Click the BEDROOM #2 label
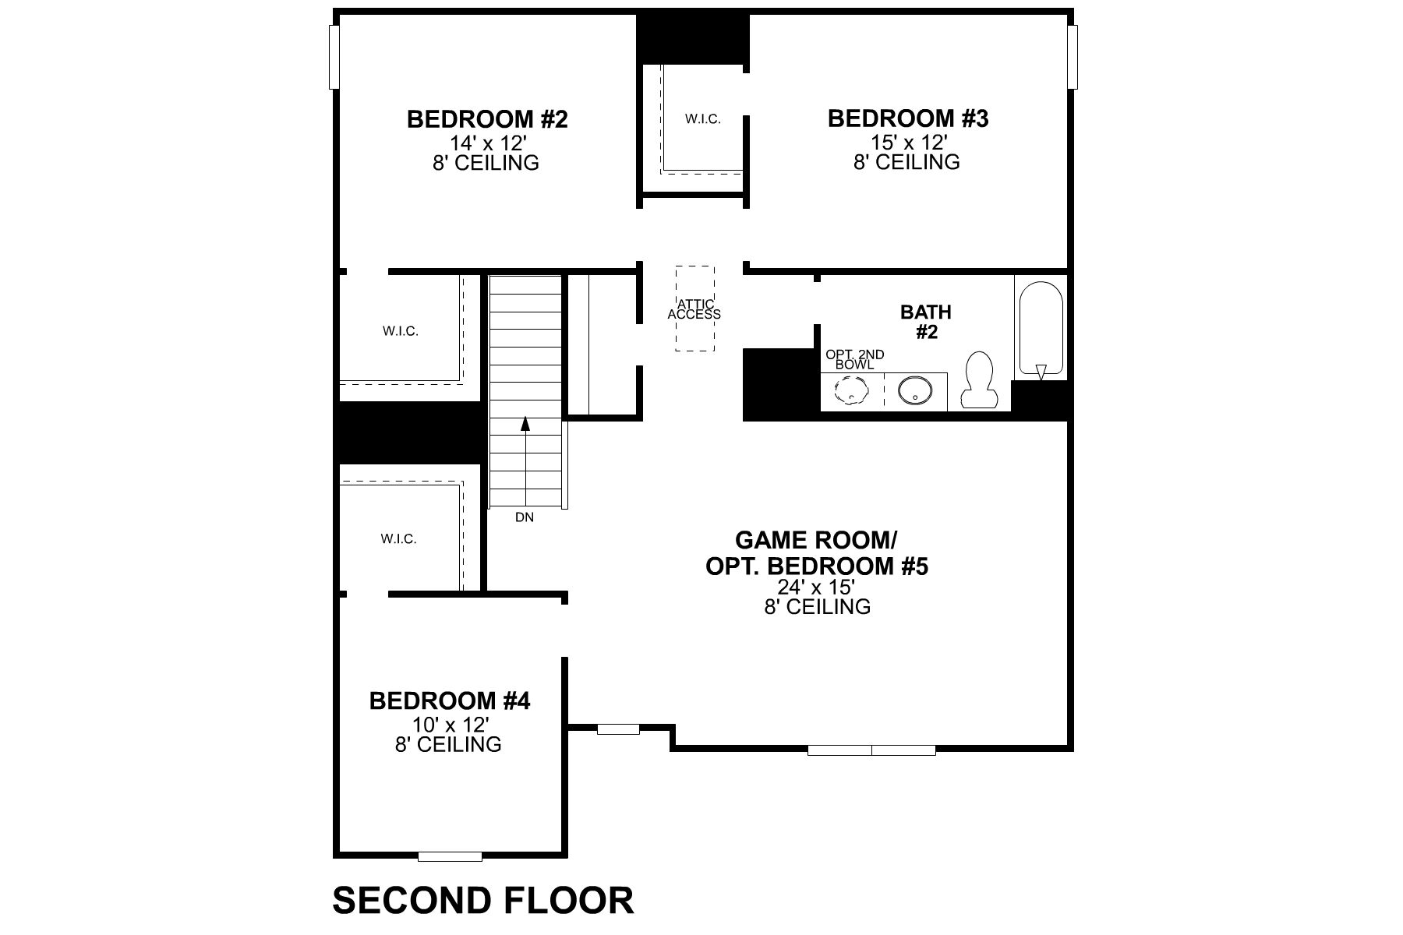tap(487, 120)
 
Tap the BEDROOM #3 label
tap(908, 119)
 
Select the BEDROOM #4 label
tap(450, 701)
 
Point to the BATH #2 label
tap(926, 322)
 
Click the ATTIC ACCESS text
tap(694, 309)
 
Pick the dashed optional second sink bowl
tap(851, 390)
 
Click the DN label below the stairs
tap(525, 517)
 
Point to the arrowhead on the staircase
tap(525, 424)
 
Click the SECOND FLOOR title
tap(483, 901)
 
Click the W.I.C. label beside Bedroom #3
tap(703, 119)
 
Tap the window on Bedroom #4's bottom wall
tap(450, 857)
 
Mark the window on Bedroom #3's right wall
tap(1073, 57)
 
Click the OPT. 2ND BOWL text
tap(855, 360)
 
